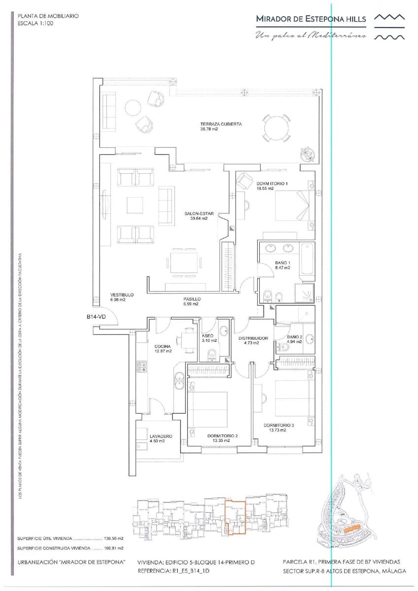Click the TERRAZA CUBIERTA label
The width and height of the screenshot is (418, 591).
220,124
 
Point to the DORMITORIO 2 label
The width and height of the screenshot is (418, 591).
222,436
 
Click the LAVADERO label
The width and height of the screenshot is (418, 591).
161,436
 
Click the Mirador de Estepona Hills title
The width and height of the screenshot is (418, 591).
311,19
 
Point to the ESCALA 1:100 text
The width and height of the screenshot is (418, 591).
35,23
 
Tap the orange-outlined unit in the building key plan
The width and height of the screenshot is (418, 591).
235,517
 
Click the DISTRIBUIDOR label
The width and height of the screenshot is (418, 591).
253,338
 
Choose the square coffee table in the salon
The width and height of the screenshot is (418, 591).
135,205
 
